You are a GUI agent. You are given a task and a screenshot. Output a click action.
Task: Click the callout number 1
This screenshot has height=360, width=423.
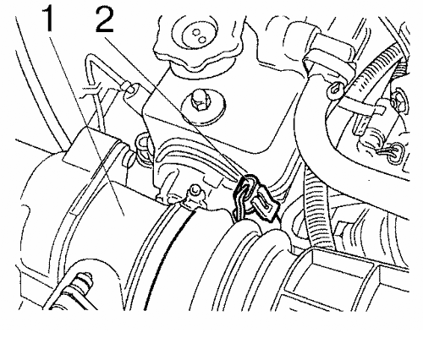pyautogui.click(x=48, y=19)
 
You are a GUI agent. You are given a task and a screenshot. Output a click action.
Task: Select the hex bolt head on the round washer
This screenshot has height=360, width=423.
pyautogui.click(x=199, y=101)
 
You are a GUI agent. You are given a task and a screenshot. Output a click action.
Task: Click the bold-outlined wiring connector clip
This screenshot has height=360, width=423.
pyautogui.click(x=255, y=197)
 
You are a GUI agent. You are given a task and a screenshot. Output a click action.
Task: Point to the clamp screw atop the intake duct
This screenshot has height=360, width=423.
pyautogui.click(x=195, y=191)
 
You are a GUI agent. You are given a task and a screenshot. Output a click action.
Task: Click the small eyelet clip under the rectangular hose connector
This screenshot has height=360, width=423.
pyautogui.click(x=336, y=90)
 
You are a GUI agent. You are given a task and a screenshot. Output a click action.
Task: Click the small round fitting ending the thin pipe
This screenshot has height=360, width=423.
pyautogui.click(x=130, y=88)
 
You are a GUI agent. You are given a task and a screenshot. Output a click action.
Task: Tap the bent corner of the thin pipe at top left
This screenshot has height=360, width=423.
pyautogui.click(x=90, y=59)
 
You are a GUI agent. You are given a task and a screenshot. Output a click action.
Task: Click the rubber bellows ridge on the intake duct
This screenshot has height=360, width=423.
pyautogui.click(x=260, y=254)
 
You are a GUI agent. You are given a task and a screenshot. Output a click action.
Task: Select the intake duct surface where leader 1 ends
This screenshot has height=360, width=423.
pyautogui.click(x=124, y=214)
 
